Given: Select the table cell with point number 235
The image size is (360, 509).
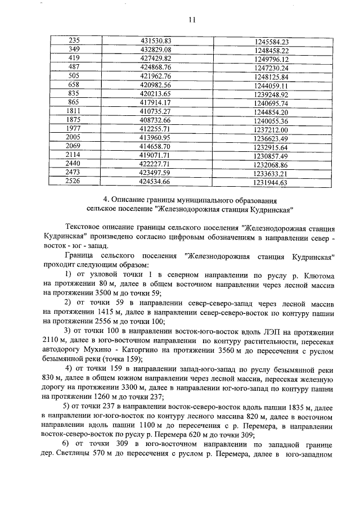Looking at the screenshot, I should tap(74, 41).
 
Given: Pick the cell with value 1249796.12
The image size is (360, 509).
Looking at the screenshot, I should tap(271, 59).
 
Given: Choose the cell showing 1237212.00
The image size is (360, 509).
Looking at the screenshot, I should tap(271, 129).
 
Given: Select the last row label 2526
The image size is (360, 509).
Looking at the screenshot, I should tap(74, 182).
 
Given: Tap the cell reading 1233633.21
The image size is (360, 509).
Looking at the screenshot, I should tap(271, 173).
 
